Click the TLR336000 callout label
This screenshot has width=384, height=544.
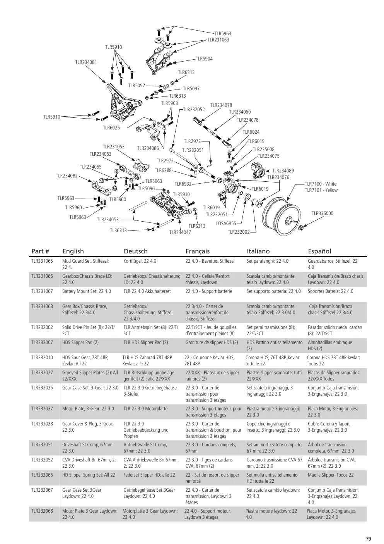tap(322, 213)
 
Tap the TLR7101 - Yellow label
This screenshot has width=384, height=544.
tap(321, 190)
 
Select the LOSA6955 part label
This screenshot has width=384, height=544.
tap(226, 224)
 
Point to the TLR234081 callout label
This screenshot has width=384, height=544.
tap(86, 62)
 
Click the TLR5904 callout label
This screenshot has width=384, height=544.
tap(204, 59)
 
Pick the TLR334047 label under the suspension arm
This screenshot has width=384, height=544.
tap(180, 232)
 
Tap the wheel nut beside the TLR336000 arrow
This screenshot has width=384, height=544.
tap(301, 228)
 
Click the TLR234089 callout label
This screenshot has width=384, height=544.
tap(283, 171)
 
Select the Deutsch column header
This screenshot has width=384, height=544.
tap(135, 251)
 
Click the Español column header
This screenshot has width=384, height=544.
tap(319, 251)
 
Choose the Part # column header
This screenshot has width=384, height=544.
tap(40, 251)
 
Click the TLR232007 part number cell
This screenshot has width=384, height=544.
tap(42, 343)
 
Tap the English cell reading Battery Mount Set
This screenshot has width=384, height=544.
tap(87, 291)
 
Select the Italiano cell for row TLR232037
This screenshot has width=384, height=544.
tap(273, 411)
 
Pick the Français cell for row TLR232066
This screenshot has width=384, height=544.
tap(212, 478)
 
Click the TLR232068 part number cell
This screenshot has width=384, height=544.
tap(42, 511)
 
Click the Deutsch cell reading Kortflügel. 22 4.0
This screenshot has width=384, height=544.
tap(140, 261)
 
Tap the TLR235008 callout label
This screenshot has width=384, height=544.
tap(263, 150)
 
